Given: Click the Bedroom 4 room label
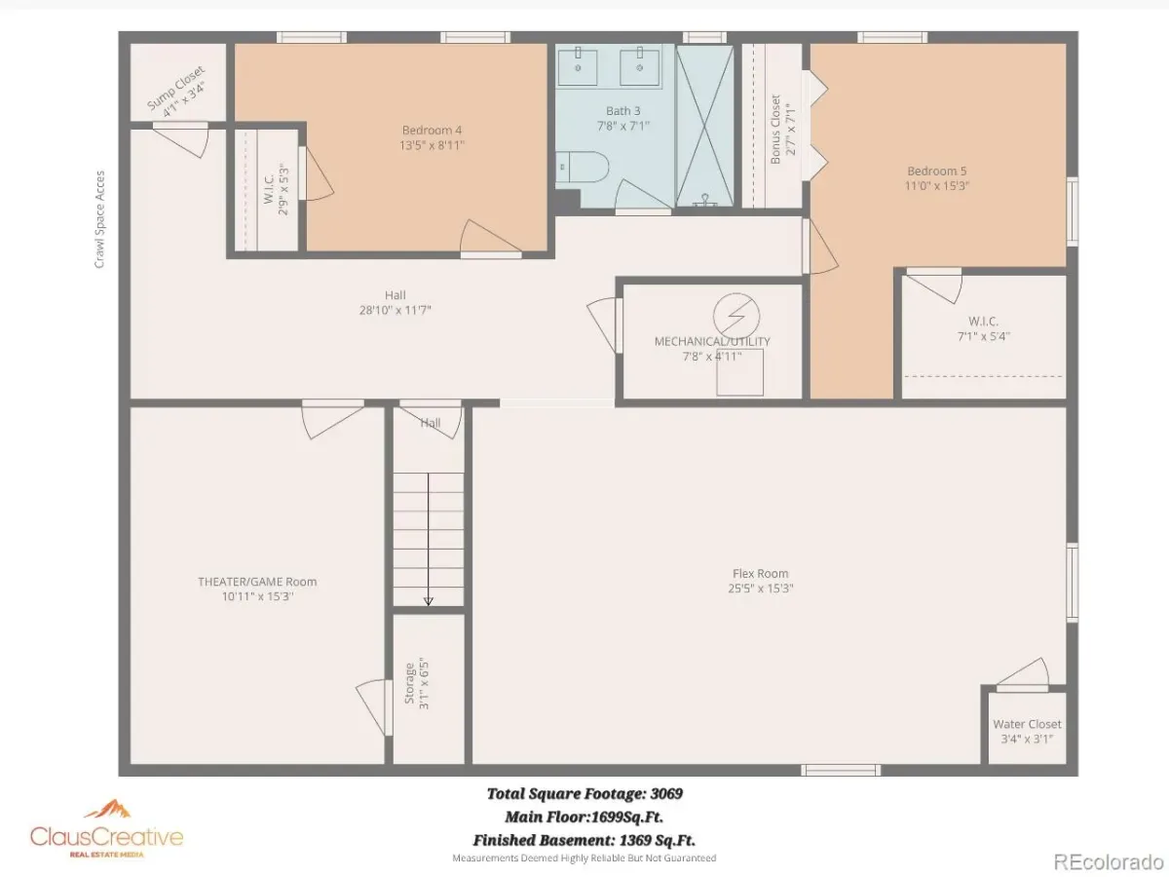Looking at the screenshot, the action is coord(432,130).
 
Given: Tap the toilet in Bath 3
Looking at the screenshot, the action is coord(583,167).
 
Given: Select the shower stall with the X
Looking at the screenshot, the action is coord(704,127).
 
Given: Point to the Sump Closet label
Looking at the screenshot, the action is coord(175,88).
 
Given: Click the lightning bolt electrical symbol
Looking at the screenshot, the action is coord(736,316).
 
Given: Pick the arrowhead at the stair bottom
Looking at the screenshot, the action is coord(429,601).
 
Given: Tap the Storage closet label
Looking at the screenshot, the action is coord(409,683).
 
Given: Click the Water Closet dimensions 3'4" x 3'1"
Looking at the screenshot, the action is coord(1027,739).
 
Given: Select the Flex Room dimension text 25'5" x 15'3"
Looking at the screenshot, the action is coord(761,589).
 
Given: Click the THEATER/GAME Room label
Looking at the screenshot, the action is coord(257,582).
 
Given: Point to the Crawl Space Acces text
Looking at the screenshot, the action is coord(99,219).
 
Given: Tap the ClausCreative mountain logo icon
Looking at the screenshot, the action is coord(107,809).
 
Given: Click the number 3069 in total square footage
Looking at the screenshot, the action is coord(666,793).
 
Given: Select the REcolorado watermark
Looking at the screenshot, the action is coord(1109,861).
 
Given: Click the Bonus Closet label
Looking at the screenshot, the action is coord(775,130).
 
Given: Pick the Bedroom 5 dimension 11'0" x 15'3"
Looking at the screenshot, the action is coord(937,186).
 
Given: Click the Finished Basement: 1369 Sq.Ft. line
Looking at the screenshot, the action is coord(584,840).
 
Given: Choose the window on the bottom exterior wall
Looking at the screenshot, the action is coord(841,770).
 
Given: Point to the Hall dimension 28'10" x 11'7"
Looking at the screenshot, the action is coord(396,310).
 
